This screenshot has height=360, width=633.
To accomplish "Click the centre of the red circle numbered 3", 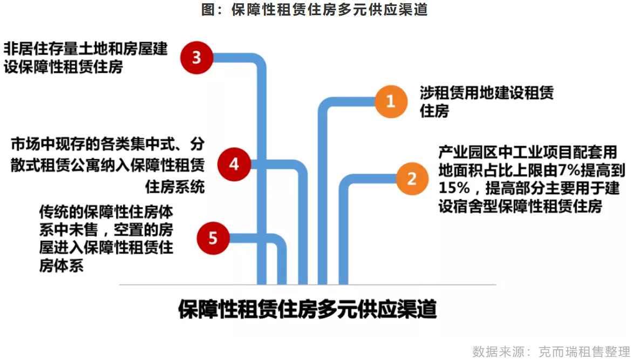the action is (x=196, y=58).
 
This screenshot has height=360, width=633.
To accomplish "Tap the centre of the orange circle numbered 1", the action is (x=391, y=101).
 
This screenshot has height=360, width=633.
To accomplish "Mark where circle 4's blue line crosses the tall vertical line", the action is (x=262, y=164).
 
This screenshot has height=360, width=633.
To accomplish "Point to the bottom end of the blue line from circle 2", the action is (x=343, y=284).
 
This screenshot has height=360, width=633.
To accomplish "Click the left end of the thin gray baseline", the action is (x=119, y=285).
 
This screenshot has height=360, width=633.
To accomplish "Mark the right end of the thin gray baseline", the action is (x=496, y=285).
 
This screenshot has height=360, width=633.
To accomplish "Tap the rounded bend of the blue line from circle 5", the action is (x=280, y=241).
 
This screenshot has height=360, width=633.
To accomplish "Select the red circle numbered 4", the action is (x=234, y=164).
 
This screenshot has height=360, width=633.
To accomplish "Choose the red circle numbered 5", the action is (x=213, y=238).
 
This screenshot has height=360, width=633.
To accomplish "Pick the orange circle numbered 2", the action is (x=412, y=179).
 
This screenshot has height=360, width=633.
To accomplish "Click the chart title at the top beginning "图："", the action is (x=315, y=9).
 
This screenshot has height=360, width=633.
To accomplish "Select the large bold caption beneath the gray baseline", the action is (x=308, y=309).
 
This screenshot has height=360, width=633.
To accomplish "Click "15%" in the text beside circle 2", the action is (x=454, y=188).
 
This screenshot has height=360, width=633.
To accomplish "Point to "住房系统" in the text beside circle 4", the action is (x=175, y=187).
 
